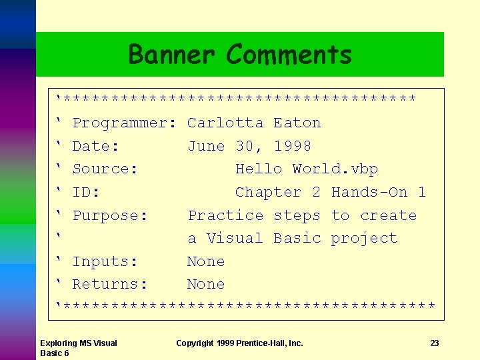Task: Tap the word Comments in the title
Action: pos(289,54)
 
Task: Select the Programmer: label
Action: pos(124,123)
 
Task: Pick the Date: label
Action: pos(96,146)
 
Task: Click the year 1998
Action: pos(293,146)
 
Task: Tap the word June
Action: pos(206,146)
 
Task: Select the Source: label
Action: pos(105,169)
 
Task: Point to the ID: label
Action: pos(86,193)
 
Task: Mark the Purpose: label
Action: pos(110,216)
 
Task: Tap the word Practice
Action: pos(225,216)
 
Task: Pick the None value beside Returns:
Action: pos(206,285)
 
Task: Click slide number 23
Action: pos(434,343)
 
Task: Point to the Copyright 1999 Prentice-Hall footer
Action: pos(239,343)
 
